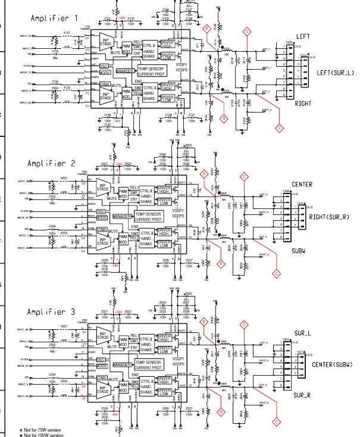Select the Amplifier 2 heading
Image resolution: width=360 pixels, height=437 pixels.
click(52, 163)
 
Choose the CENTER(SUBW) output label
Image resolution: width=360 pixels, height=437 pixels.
click(333, 364)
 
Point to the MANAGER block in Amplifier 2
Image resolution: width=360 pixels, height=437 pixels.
click(121, 216)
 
